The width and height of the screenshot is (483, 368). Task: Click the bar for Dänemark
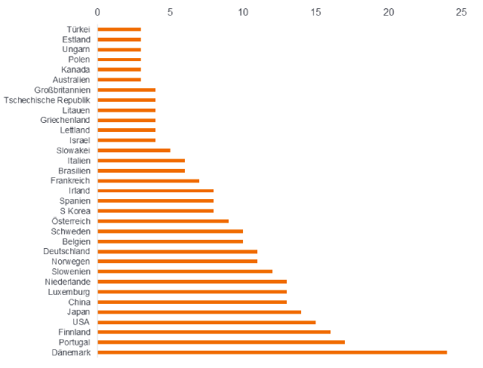coord(272,352)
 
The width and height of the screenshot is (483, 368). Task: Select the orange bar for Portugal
coord(221,342)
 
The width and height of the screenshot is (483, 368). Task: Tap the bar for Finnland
coord(214,332)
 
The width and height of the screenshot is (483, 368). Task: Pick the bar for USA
coord(207,322)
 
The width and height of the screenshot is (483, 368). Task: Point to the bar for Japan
coord(199,311)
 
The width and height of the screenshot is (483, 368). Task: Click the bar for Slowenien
coord(185,271)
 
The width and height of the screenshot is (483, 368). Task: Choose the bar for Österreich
coord(163,221)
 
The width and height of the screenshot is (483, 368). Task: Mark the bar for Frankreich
coord(149,181)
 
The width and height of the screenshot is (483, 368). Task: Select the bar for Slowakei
coord(134,150)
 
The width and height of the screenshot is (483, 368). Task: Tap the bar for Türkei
coord(119,29)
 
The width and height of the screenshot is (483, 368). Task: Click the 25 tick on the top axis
coord(461,12)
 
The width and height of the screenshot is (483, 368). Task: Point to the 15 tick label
coord(315,12)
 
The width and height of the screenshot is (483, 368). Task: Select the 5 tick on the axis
coord(170,12)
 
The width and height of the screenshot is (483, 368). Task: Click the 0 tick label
coord(97,12)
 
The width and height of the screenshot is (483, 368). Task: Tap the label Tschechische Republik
coord(47,100)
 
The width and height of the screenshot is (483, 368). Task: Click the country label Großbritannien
coord(63,90)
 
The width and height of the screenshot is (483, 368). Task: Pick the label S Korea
coord(75,210)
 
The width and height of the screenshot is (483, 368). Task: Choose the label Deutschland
coord(66,251)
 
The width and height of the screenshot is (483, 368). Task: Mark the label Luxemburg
coord(69,292)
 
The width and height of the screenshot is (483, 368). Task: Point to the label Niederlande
coord(67,281)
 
